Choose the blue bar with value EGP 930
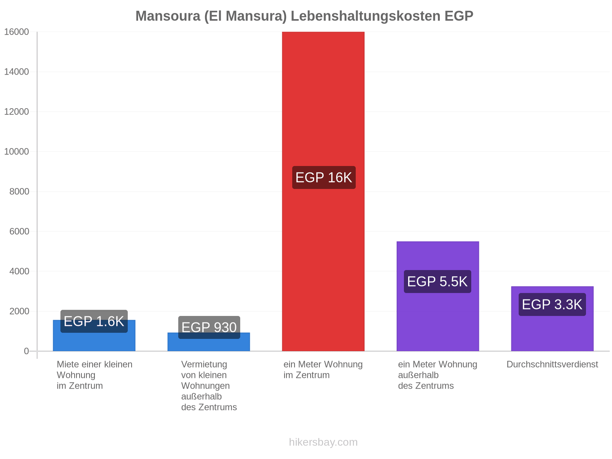pos(208,345)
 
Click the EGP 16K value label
pos(324,177)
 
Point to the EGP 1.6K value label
pos(94,321)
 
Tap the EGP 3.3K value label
pos(552,304)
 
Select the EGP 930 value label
pos(209,327)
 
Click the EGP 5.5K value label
pos(438,282)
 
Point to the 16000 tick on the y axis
pos(16,32)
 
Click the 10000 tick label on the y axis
pos(16,151)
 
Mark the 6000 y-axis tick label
pos(19,231)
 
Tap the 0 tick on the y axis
pos(26,351)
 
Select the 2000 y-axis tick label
pos(19,311)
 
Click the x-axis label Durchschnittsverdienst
pos(552,364)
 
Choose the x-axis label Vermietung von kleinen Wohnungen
pos(209,386)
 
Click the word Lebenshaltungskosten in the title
pos(366,16)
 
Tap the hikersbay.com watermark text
pos(323,442)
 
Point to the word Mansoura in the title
pos(168,16)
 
